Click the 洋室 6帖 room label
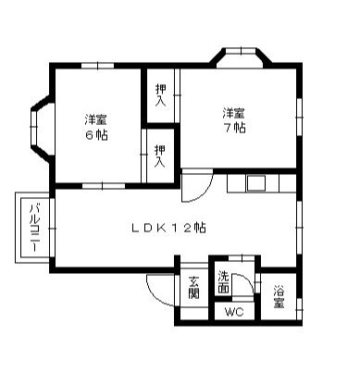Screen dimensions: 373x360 point(93,126)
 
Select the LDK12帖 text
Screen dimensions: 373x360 point(168,228)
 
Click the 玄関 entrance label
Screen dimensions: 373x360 point(193,288)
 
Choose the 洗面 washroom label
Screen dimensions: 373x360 point(224,282)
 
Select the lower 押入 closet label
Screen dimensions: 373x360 point(159,155)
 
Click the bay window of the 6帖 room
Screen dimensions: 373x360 point(38,127)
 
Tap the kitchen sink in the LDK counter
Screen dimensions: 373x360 point(255,181)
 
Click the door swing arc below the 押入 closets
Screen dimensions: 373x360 point(193,188)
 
